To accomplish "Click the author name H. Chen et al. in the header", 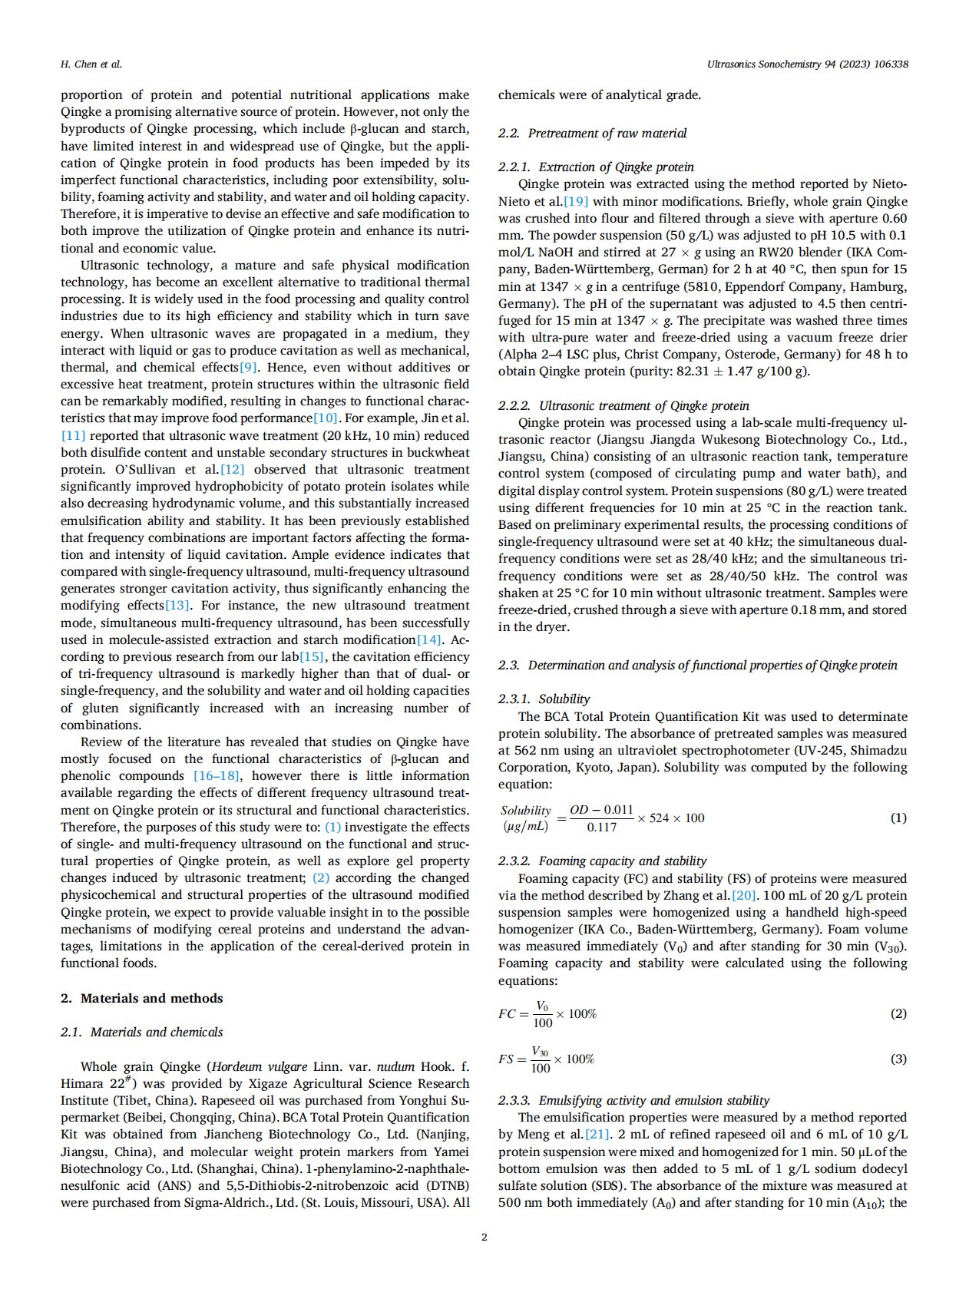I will coord(91,64).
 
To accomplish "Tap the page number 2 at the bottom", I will coord(484,1237).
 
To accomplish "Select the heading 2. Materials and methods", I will coord(141,998).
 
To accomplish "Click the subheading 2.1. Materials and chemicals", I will coord(141,1033).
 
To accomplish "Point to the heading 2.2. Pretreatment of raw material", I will coord(592,134).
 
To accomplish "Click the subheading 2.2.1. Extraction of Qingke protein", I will coord(595,167).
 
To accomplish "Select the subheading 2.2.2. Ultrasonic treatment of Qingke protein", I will coord(623,406).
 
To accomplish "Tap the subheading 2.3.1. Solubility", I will coord(544,699).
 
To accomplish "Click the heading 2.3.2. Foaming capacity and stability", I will coord(602,861).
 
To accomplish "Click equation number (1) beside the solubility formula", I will coord(898,818).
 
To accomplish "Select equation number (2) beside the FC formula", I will coord(898,1014).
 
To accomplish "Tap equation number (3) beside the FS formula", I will coord(898,1059).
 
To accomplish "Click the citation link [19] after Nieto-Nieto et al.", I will coord(576,202).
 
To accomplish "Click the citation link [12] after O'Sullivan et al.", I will coord(232,470).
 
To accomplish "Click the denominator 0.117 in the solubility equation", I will coord(601,828).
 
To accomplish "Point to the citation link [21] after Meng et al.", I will coord(597,1135).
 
